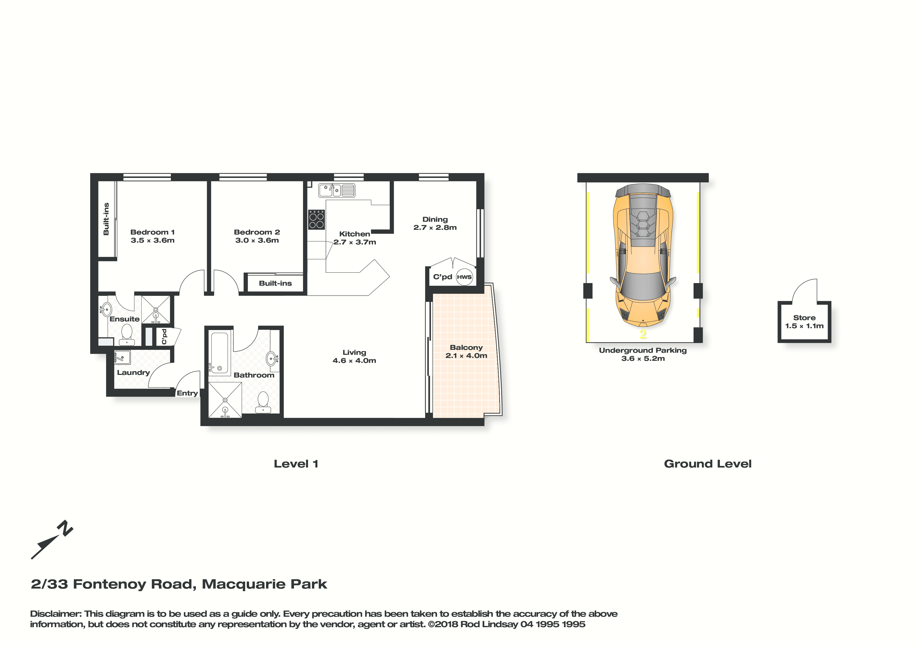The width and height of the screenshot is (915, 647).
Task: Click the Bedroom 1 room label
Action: point(152,232)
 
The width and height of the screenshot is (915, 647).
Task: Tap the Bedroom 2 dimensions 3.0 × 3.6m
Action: point(257,240)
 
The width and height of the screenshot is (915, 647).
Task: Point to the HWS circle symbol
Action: point(464,277)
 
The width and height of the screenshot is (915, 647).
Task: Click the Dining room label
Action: point(435,219)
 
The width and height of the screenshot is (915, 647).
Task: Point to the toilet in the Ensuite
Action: point(127,334)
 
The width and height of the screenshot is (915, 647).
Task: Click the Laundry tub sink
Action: point(122,358)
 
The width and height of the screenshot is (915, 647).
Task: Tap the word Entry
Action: point(187,393)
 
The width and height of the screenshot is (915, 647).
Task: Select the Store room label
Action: point(804,318)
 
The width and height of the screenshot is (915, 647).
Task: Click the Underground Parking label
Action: point(643,350)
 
